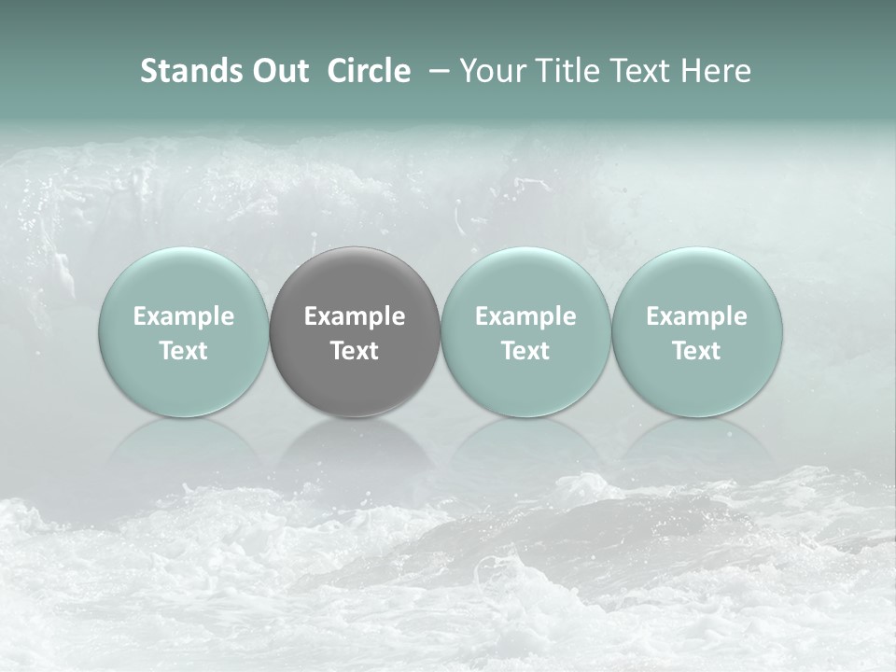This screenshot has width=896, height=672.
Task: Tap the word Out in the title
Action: coord(278,71)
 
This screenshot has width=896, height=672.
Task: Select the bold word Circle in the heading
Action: coord(369,71)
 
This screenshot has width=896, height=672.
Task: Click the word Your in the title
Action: coord(490,71)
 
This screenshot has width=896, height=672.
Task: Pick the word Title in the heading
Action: coord(564,71)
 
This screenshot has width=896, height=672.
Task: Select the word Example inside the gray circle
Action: coord(355,316)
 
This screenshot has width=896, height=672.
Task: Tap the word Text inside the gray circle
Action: coord(355,351)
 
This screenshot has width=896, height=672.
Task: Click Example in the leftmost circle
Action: coord(184,316)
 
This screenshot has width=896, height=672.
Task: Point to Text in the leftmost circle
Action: coord(184,351)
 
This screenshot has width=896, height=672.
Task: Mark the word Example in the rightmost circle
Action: coord(697,316)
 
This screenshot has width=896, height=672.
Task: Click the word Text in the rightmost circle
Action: coord(697,351)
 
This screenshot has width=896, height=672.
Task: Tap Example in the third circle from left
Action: coord(525,316)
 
